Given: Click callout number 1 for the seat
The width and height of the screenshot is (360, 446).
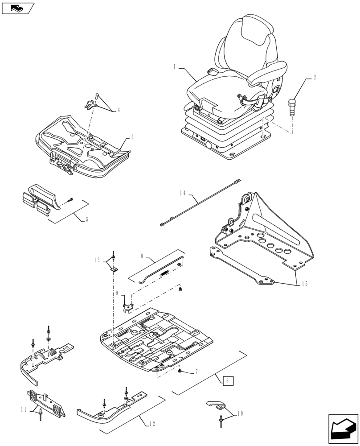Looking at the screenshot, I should [175, 66].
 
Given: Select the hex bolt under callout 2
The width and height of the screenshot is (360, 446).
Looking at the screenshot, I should [292, 107].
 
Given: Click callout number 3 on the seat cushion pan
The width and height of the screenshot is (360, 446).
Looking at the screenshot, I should [132, 137].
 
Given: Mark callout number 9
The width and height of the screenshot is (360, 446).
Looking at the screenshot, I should [117, 294].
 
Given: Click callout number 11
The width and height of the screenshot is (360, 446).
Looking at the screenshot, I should [25, 409].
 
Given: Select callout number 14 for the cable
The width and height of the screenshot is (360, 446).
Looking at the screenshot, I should [183, 193].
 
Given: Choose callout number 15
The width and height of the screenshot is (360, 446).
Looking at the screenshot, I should [304, 283].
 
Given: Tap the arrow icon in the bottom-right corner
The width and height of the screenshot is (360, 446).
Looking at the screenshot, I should [343, 429].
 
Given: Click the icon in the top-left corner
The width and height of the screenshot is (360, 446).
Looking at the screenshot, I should [18, 8].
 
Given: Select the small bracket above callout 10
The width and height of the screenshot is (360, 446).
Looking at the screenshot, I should [217, 405].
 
